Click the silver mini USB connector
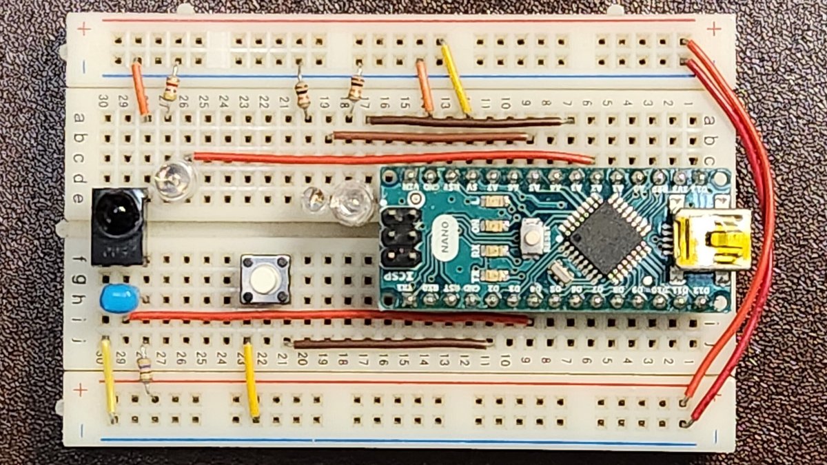[712, 239]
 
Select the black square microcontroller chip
[604, 234]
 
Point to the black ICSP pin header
[400, 238]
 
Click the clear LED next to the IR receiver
[171, 180]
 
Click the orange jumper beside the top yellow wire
[425, 86]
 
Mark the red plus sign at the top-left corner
[83, 29]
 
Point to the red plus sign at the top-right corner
[714, 29]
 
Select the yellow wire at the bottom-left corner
[108, 379]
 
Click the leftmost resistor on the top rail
[170, 88]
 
